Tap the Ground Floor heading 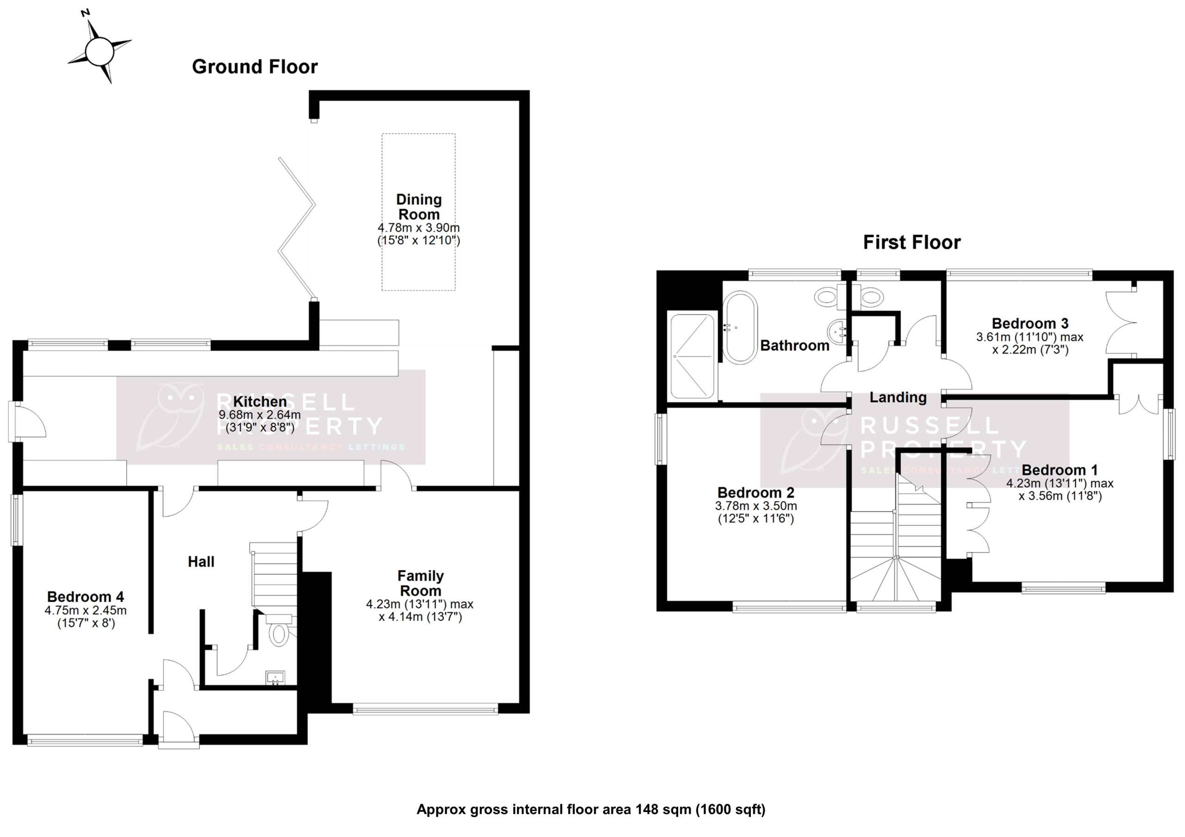[x=255, y=67]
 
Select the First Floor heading [x=911, y=242]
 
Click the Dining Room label [x=418, y=206]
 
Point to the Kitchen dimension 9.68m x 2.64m [x=260, y=415]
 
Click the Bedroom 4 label [x=86, y=597]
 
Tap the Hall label [x=201, y=561]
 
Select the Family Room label [x=420, y=583]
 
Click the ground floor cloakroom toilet [x=279, y=632]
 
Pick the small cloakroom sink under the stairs [x=275, y=677]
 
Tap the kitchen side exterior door [x=26, y=422]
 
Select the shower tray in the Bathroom [x=692, y=357]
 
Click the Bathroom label [x=794, y=345]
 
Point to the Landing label [x=898, y=397]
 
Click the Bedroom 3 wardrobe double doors [x=1121, y=323]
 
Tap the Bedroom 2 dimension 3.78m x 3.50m [x=755, y=506]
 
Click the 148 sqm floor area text [x=591, y=810]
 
